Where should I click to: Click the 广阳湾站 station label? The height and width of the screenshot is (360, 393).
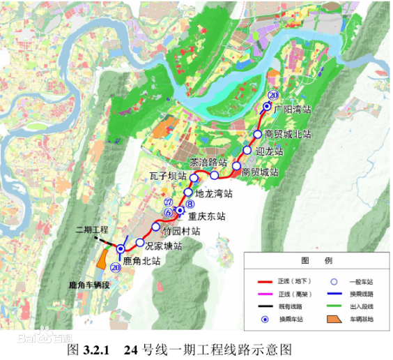[x=292, y=110]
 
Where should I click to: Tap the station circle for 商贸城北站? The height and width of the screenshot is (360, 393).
[x=258, y=134]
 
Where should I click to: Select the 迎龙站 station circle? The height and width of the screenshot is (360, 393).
[x=247, y=151]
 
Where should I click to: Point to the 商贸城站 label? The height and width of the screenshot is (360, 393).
[x=261, y=172]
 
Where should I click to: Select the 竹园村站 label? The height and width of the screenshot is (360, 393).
[x=181, y=230]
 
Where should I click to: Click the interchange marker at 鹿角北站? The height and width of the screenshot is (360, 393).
[x=121, y=249]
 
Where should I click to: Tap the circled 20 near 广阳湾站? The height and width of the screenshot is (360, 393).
[x=273, y=95]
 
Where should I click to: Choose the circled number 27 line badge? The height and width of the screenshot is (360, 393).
[x=168, y=202]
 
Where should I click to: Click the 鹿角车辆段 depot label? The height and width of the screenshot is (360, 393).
[x=89, y=285]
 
